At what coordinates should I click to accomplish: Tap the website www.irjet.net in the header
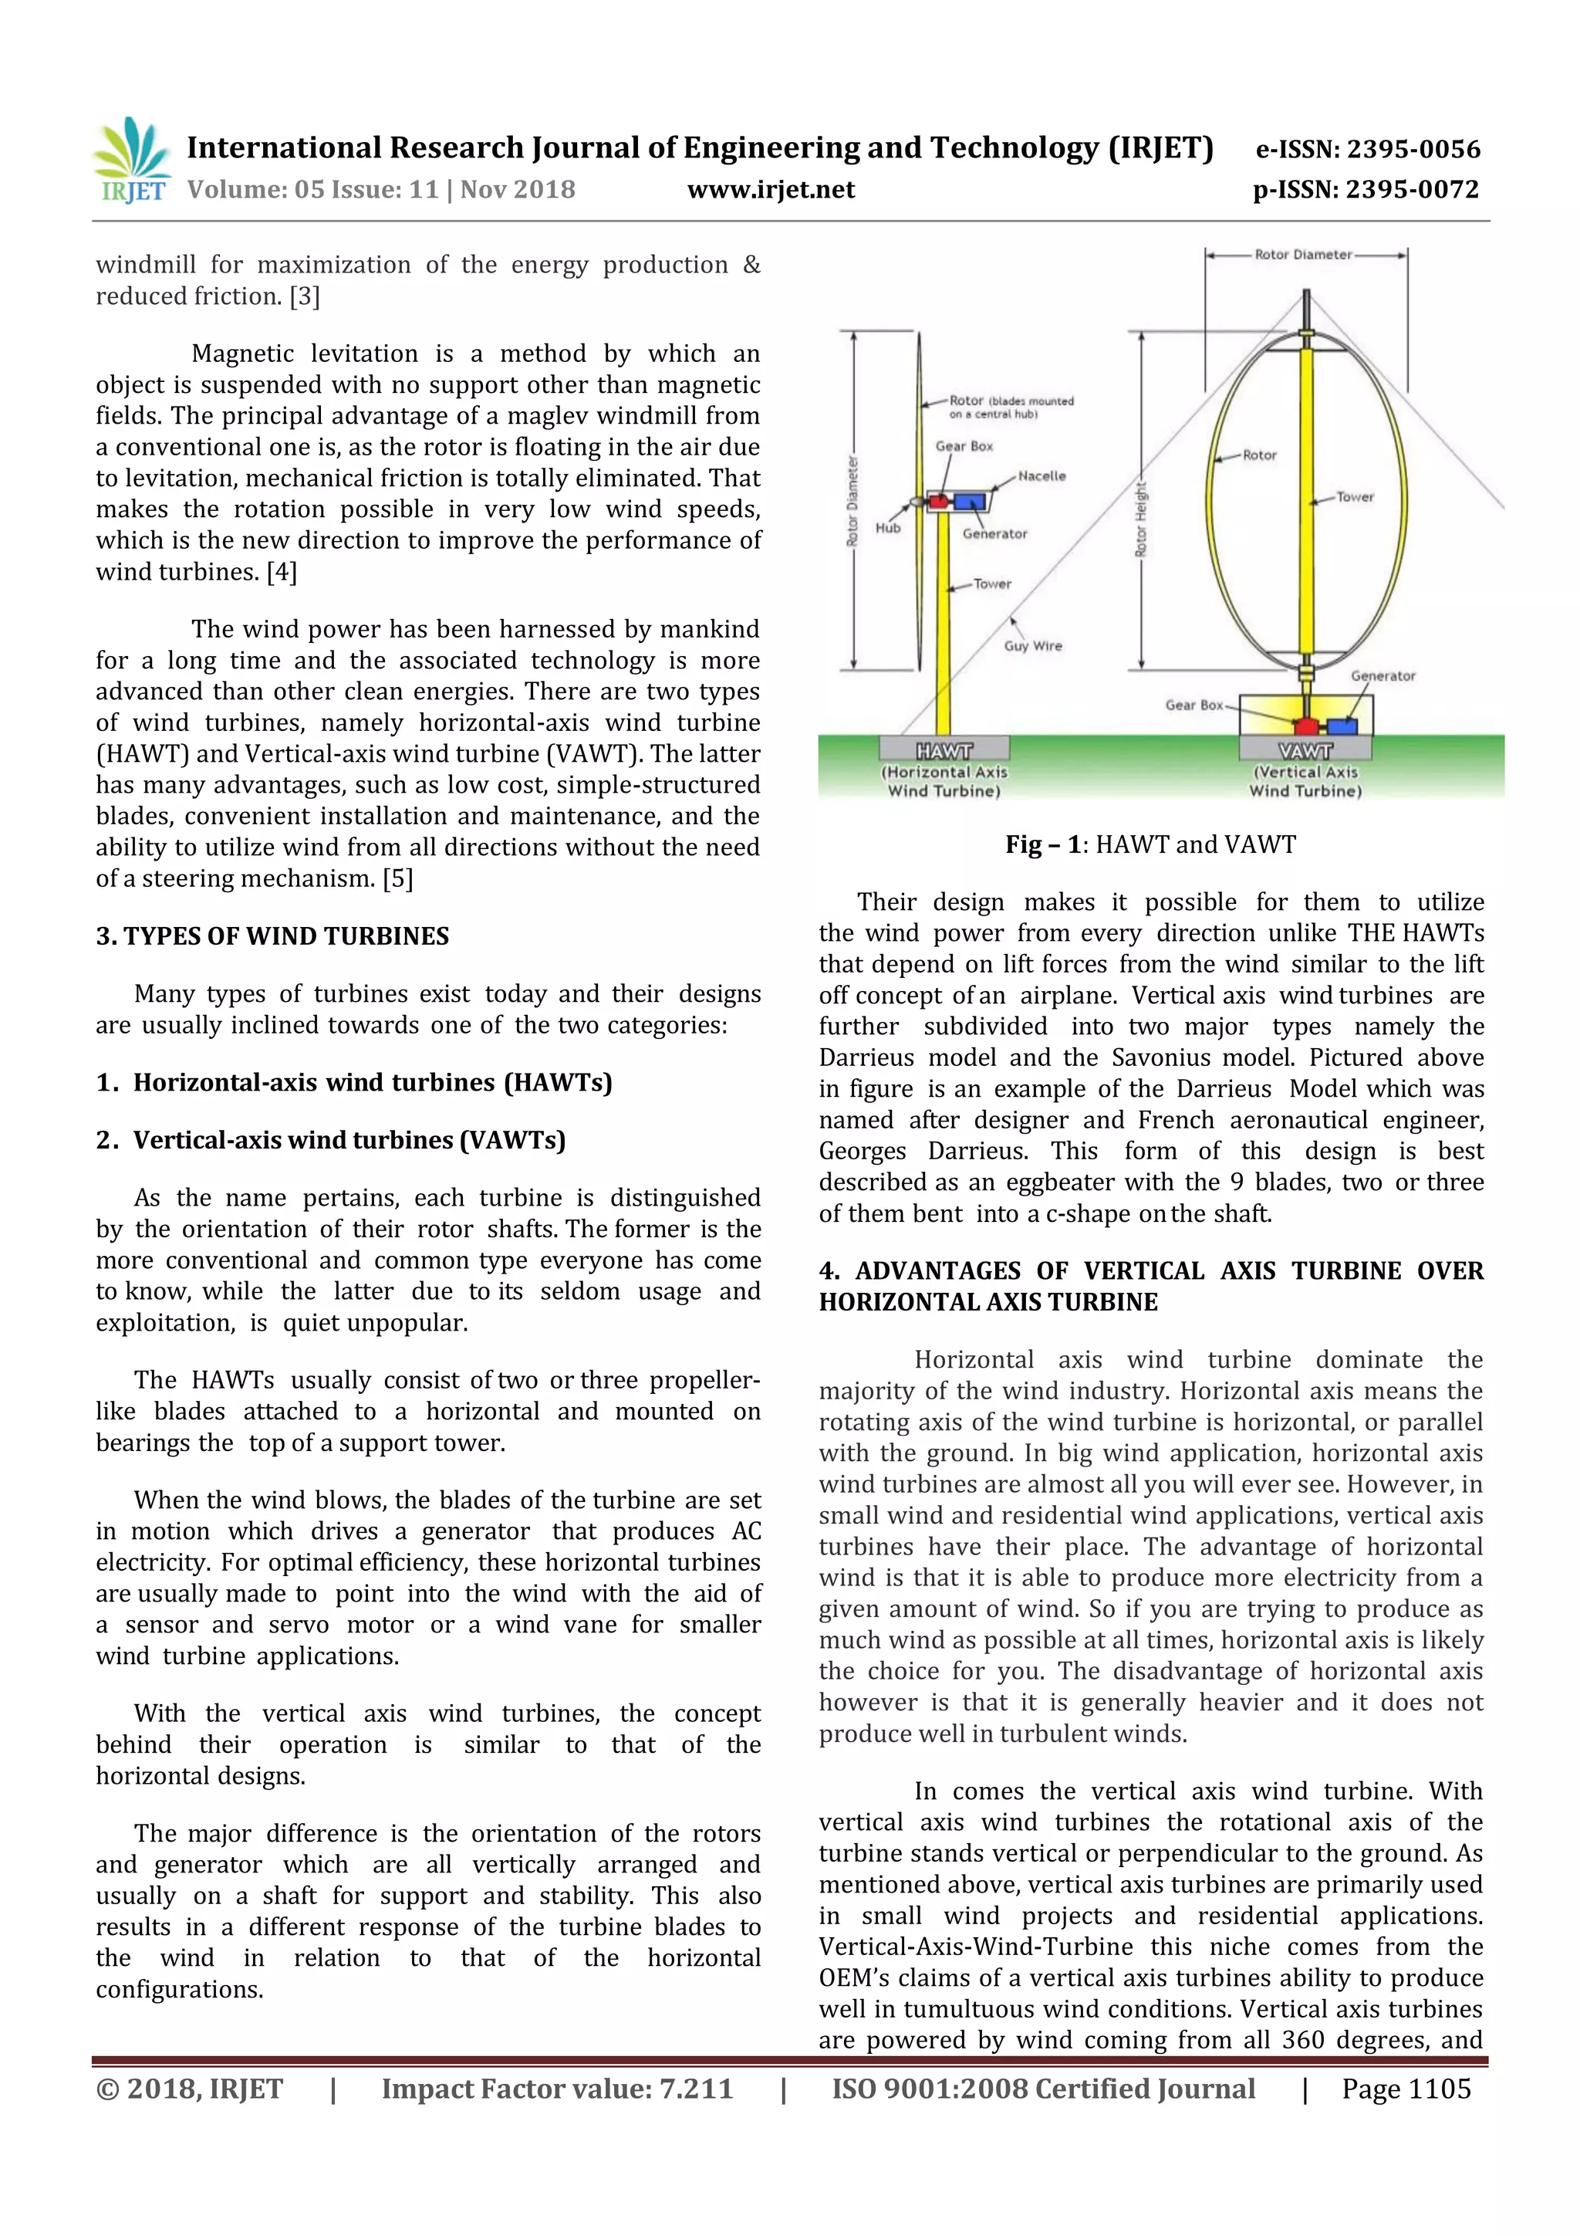point(770,189)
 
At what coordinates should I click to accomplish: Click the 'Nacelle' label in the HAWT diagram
point(1042,476)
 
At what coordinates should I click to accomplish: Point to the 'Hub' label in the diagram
point(888,528)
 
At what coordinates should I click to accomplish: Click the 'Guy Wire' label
point(1033,646)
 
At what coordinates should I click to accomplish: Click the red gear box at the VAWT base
point(1305,726)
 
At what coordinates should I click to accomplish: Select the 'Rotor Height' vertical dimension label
point(1141,519)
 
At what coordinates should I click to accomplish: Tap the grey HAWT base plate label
point(944,750)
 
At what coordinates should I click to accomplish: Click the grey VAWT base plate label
point(1305,750)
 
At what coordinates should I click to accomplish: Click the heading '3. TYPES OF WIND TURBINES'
point(272,936)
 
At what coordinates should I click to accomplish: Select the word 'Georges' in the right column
point(862,1151)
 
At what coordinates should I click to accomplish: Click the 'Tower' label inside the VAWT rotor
point(1354,496)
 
